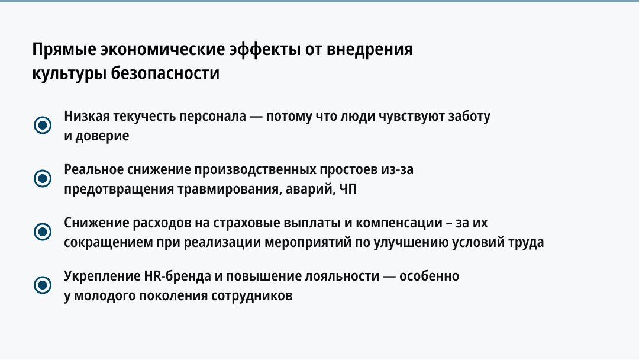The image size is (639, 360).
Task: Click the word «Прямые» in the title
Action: point(64,50)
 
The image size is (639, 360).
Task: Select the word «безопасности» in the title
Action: point(165,73)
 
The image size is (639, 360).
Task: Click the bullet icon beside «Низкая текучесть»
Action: point(43,125)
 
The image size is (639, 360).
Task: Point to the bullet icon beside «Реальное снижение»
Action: point(43,179)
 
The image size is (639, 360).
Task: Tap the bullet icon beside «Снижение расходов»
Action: point(43,232)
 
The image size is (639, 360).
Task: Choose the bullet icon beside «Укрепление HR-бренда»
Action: point(43,285)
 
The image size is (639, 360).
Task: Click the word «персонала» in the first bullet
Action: point(213,117)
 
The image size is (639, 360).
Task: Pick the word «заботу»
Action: point(469,117)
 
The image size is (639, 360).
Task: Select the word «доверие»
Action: point(102,136)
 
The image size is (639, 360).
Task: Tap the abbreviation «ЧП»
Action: point(348,189)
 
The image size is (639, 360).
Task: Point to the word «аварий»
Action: point(309,189)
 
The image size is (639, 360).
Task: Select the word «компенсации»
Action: point(399,223)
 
